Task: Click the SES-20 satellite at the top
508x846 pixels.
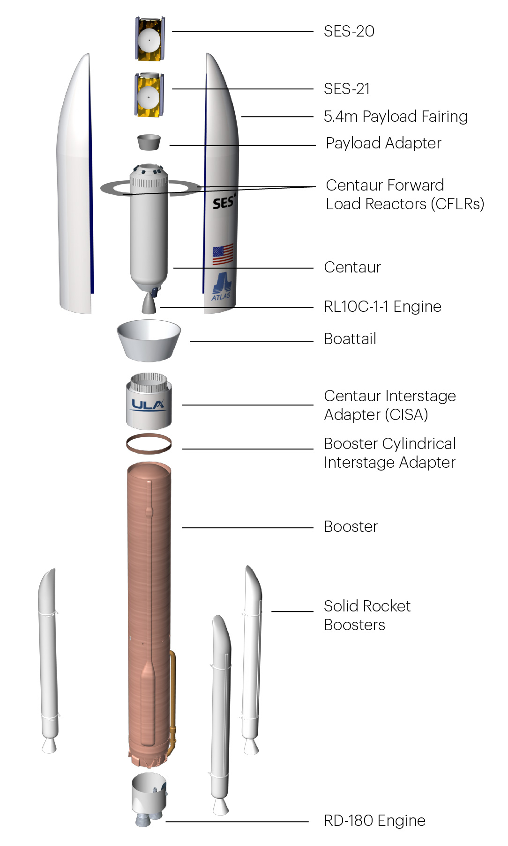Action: (149, 39)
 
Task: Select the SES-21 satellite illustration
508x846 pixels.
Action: (149, 96)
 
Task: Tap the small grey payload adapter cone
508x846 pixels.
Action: (149, 142)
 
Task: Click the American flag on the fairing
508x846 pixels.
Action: (223, 254)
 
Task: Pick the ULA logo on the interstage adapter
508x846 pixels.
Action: (148, 405)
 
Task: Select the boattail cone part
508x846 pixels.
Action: (149, 340)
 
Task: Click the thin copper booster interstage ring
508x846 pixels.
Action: (149, 444)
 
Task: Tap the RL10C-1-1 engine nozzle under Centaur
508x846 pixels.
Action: (149, 304)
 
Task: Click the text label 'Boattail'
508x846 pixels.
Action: (350, 338)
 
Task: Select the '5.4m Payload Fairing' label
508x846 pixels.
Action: (396, 116)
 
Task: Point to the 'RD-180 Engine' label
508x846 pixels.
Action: (374, 820)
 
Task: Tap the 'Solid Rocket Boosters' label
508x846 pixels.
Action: (367, 615)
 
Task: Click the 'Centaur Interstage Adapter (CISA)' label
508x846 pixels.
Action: (389, 405)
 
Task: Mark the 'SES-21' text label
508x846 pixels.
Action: (347, 88)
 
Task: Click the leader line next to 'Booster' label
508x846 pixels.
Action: (247, 528)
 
